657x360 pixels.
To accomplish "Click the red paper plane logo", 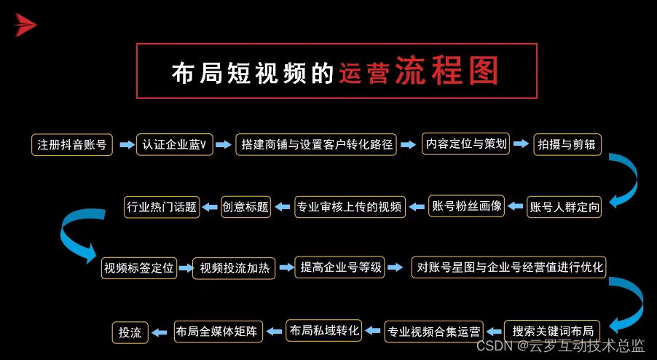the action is (x=25, y=25).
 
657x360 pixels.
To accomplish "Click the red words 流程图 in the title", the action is (x=447, y=71).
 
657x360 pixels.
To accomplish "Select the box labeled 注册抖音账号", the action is (x=72, y=145).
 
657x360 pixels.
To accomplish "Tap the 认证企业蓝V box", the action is (x=175, y=144).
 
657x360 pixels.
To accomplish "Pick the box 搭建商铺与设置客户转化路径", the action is (x=316, y=144).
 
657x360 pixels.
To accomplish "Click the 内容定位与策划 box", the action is (x=466, y=144).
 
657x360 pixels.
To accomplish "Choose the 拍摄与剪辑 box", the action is (x=567, y=144).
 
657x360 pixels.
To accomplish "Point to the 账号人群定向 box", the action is (x=564, y=207).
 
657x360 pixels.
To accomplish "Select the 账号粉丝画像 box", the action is (x=467, y=206).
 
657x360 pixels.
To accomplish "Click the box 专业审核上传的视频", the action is (x=350, y=207).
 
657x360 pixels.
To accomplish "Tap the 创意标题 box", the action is (x=246, y=207).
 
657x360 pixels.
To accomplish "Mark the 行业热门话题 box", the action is (x=162, y=207).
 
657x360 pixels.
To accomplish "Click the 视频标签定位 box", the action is (x=139, y=268).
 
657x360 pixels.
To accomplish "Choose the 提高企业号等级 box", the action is (x=340, y=267).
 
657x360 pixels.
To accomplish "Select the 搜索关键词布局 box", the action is (x=552, y=332).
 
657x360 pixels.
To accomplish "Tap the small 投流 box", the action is (x=130, y=333).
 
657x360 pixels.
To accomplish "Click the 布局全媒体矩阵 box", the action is (x=219, y=332).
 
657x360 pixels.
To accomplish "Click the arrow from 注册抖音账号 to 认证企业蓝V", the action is (x=127, y=144).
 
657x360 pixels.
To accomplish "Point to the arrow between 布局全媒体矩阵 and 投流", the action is (x=160, y=333).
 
